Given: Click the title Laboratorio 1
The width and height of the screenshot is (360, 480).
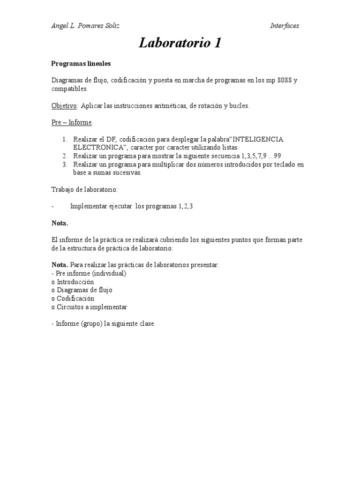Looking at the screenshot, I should pyautogui.click(x=180, y=44).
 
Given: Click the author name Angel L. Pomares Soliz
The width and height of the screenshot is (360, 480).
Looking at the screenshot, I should pyautogui.click(x=85, y=26).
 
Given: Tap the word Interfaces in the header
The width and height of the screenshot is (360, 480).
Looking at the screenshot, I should pyautogui.click(x=285, y=26).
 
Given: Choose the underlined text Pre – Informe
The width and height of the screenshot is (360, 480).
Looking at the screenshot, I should pyautogui.click(x=72, y=123).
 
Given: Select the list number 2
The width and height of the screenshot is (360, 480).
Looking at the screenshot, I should pyautogui.click(x=65, y=156).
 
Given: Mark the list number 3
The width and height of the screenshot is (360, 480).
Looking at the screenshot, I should pyautogui.click(x=65, y=165).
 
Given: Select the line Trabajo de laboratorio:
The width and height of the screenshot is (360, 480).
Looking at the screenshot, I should pyautogui.click(x=85, y=189).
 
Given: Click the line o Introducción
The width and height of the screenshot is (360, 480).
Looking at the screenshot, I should pyautogui.click(x=73, y=282).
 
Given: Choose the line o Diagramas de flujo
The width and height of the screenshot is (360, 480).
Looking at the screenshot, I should pyautogui.click(x=82, y=290).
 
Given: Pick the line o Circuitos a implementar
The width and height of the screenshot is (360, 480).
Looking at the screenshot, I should pyautogui.click(x=89, y=307).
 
